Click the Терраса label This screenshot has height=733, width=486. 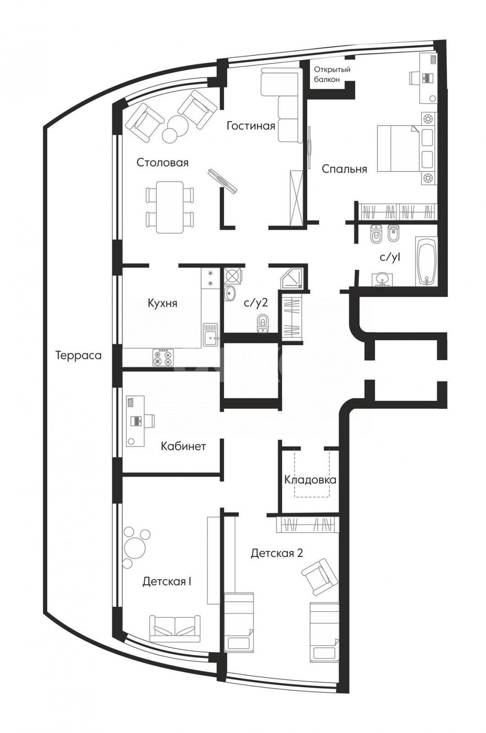[79, 355]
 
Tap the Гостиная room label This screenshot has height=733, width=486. [251, 126]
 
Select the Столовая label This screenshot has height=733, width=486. [162, 162]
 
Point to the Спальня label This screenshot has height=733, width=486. [344, 170]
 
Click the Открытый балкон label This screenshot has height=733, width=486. [332, 74]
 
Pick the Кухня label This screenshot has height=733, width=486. [162, 303]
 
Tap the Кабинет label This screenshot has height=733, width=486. [183, 446]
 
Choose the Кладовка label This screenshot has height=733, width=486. [310, 480]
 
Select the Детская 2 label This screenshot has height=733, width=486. [277, 553]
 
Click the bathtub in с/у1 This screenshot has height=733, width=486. [426, 261]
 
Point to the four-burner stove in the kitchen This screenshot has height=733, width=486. [163, 358]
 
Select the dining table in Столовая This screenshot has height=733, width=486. [169, 207]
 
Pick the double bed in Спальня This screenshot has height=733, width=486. [398, 148]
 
